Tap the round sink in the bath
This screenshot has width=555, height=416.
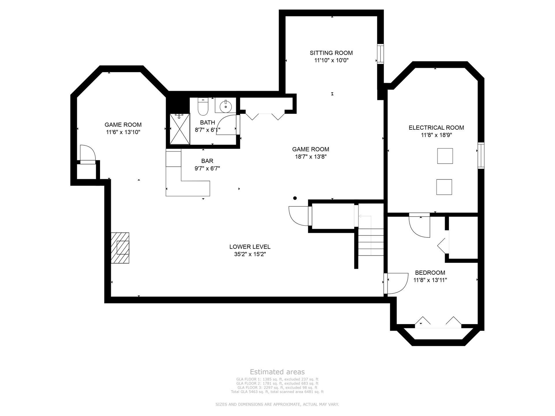click(225, 107)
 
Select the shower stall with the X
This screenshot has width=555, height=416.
click(180, 129)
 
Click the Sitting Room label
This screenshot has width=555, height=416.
click(331, 53)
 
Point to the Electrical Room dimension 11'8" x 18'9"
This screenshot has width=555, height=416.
click(436, 135)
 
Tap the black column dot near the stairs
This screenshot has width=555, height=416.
click(295, 198)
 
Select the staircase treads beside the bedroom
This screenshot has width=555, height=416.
click(371, 242)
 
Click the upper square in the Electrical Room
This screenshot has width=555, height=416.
click(445, 156)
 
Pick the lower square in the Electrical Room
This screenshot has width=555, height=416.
click(444, 187)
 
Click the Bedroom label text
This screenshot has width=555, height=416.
click(430, 272)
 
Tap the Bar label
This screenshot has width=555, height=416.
click(207, 161)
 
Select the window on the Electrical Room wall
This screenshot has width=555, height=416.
click(481, 155)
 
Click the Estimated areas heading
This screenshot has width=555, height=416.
click(277, 372)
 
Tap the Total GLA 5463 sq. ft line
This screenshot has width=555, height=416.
click(277, 392)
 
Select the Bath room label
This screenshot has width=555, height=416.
click(207, 122)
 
